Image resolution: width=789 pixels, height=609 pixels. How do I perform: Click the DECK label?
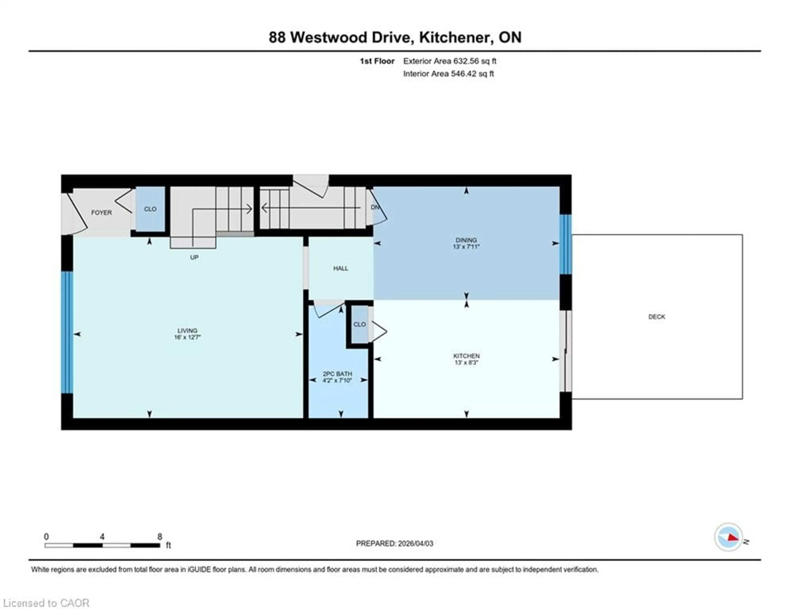click(x=656, y=317)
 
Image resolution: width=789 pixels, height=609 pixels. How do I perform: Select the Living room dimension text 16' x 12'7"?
click(x=187, y=337)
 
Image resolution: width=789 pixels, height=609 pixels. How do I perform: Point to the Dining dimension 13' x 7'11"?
click(x=466, y=247)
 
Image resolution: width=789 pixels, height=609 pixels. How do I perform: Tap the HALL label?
click(x=340, y=268)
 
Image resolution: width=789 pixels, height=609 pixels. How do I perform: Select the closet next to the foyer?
click(x=150, y=209)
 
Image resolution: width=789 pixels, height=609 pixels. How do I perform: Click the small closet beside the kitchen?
click(x=359, y=324)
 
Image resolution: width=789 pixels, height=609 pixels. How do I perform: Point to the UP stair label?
click(x=194, y=257)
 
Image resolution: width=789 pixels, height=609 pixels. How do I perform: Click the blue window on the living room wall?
click(x=67, y=332)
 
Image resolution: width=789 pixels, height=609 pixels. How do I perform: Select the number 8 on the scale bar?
click(x=160, y=537)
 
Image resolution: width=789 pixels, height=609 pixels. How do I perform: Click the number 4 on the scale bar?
click(x=102, y=537)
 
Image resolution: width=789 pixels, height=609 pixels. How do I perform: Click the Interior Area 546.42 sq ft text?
click(x=448, y=74)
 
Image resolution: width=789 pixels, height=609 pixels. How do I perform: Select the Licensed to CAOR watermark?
click(x=46, y=603)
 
